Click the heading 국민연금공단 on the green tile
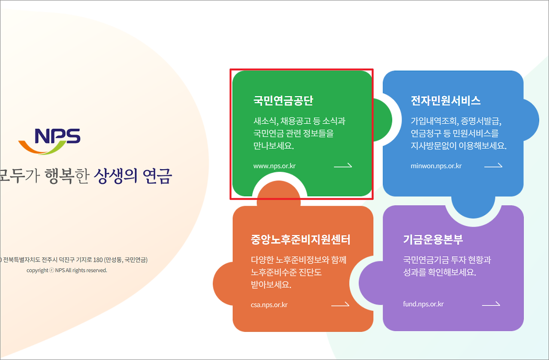click(283, 101)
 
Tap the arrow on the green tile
click(343, 165)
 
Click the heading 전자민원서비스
click(446, 101)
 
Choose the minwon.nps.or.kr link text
click(436, 166)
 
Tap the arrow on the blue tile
click(493, 165)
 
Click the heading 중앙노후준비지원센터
click(301, 239)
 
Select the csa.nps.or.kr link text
click(269, 305)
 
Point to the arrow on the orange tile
click(340, 305)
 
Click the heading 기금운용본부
click(433, 239)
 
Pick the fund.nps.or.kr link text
click(423, 304)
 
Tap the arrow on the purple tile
click(491, 304)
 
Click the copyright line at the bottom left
click(67, 270)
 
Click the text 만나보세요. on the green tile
click(274, 145)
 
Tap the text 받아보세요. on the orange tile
click(271, 284)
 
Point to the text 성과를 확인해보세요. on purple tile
click(440, 272)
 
